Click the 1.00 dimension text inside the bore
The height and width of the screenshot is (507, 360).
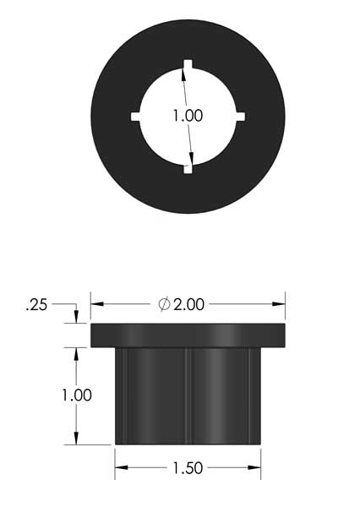click(187, 116)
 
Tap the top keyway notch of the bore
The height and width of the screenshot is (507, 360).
click(187, 65)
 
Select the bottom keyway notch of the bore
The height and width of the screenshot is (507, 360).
click(188, 169)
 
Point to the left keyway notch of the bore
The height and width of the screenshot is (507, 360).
click(135, 117)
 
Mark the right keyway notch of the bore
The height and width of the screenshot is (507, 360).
click(239, 117)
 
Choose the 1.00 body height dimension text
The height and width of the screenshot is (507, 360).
click(76, 395)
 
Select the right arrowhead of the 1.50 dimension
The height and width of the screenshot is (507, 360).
click(254, 468)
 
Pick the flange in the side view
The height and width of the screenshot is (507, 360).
click(188, 335)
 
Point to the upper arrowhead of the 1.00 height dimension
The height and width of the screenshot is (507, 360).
click(76, 353)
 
